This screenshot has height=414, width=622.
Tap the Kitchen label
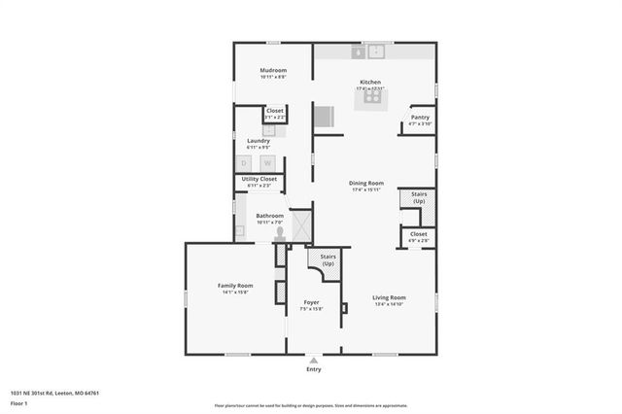pos(369,83)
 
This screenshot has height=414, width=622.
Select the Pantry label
pos(420,118)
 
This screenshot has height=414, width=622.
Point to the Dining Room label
pos(366,184)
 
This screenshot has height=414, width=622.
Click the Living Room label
pos(389,297)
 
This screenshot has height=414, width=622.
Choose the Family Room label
pos(233,286)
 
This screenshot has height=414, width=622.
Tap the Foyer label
pos(311,303)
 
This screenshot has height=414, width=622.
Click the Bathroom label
pos(269,216)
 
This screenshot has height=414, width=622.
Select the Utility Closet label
pos(259,179)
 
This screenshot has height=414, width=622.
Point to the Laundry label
pos(258,141)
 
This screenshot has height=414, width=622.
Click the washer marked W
pos(267,162)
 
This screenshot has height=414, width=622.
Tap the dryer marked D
pos(244,162)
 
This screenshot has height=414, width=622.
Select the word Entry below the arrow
pos(313,369)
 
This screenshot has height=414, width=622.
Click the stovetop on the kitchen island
pos(372,96)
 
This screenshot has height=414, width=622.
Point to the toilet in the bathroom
pos(279,232)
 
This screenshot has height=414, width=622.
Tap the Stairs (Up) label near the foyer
pos(328,260)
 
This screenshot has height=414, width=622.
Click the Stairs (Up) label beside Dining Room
pos(419,197)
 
